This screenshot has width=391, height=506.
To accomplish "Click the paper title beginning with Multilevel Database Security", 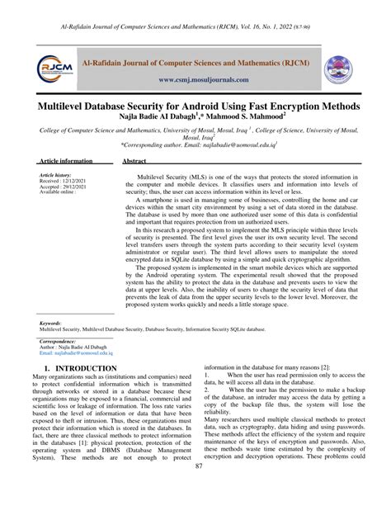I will (x=196, y=107).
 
